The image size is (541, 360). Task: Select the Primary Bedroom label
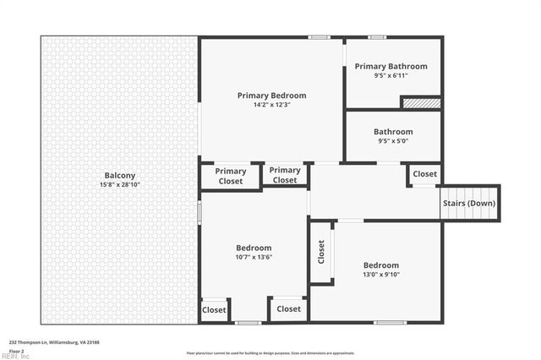[270, 95]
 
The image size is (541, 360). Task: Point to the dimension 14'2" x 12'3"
[270, 105]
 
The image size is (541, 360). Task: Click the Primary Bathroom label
[391, 66]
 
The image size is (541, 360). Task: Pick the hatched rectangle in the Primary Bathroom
[421, 102]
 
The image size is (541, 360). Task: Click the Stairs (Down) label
[469, 204]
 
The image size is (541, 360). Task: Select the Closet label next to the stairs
[424, 174]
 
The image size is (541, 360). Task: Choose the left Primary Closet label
[230, 176]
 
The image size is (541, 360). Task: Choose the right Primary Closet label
[285, 175]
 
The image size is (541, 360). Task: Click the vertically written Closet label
[321, 252]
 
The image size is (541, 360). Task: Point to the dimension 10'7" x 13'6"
[254, 257]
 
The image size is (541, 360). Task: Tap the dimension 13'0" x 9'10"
[380, 273]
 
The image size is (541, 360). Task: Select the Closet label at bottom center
[288, 309]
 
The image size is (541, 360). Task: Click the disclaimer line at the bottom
[270, 352]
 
